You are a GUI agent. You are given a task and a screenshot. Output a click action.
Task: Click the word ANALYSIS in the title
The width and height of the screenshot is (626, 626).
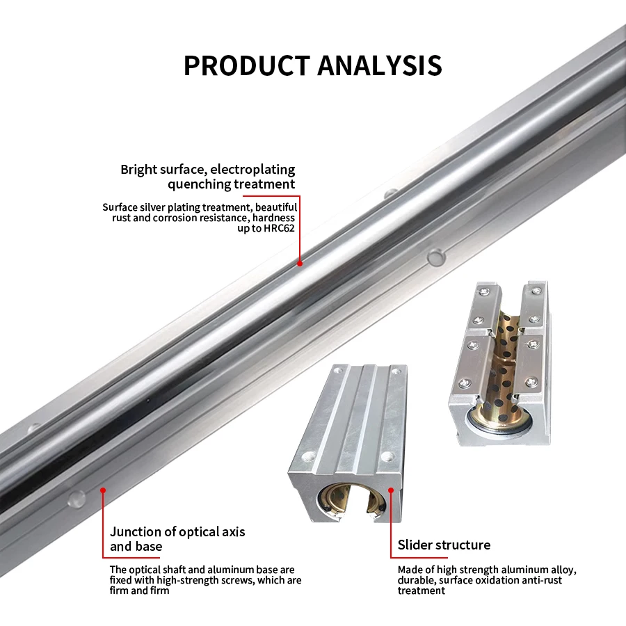pos(380,65)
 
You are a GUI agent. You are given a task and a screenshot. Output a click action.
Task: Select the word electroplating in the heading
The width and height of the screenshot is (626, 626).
pos(252,169)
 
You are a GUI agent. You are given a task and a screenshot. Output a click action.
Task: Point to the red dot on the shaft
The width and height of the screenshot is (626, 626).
pos(300,263)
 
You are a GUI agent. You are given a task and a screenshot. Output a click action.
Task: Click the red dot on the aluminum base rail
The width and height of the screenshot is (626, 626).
pos(103,490)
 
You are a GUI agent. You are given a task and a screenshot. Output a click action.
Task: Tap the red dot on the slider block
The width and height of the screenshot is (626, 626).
pos(391,490)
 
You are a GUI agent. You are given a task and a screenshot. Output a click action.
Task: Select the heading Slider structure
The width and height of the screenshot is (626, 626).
pos(444,545)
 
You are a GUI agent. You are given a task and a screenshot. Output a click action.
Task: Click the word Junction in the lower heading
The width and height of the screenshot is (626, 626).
pos(137,532)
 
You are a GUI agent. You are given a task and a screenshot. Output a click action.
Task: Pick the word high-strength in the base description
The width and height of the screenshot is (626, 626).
pos(193,580)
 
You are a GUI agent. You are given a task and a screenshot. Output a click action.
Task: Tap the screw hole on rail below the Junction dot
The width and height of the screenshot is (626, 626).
pos(76,498)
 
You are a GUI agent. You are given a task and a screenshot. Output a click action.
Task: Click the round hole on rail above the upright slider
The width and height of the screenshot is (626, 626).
pos(436,257)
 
